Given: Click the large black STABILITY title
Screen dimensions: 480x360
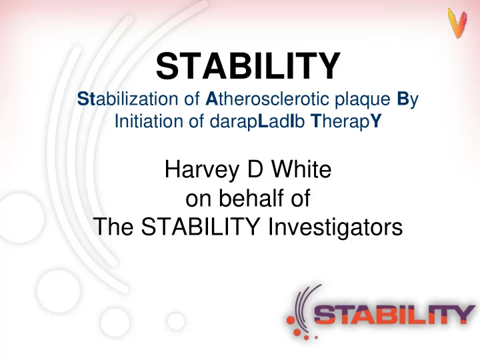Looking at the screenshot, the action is click(248, 66).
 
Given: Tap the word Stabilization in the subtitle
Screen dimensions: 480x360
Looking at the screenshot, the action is click(127, 99).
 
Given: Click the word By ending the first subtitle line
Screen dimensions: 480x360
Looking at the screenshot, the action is click(407, 100).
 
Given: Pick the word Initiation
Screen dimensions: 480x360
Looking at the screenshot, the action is click(149, 121).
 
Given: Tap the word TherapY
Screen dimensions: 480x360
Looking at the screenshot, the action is click(346, 122).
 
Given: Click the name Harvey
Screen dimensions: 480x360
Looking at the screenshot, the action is click(202, 170).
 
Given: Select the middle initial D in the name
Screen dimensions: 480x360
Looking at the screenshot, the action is click(255, 169).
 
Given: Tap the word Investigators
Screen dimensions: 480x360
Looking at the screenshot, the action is click(335, 227).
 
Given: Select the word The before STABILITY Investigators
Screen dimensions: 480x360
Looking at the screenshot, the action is click(113, 227).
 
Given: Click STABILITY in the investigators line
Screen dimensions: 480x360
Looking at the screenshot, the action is click(201, 227).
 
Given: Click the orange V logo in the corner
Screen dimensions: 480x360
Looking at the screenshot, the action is click(457, 23).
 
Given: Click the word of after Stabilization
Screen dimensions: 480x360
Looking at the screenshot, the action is click(192, 99).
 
